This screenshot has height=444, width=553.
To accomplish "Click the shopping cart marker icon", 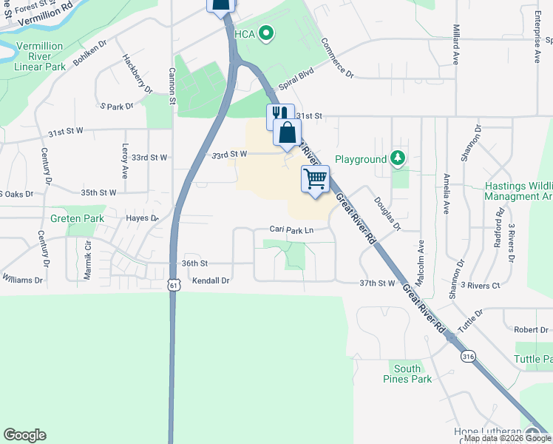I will point(315,178).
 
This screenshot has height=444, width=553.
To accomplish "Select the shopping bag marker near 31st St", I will point(287,132).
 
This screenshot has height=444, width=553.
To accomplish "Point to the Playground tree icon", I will point(398,158).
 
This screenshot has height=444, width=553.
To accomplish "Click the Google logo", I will point(24,435).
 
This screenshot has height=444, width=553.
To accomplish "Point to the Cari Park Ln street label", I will point(291,230).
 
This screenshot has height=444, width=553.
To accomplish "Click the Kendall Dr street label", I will point(211,281).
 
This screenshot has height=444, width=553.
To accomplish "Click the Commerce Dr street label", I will point(338,58).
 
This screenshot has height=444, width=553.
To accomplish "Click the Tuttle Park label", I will point(533,359).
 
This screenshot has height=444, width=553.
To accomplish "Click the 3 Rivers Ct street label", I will point(480,285).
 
